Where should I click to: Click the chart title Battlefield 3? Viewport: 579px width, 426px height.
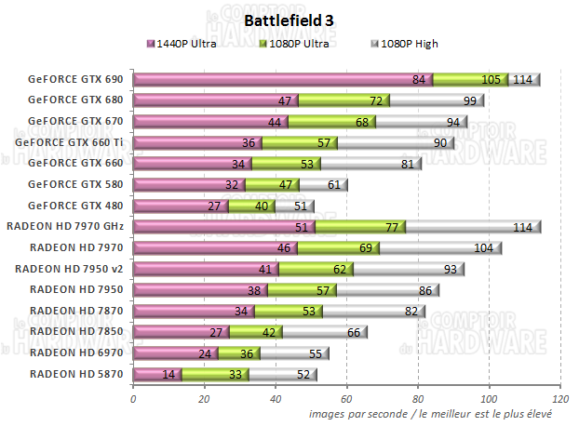pos(289,20)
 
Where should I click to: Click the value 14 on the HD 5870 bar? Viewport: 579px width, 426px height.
pos(169,374)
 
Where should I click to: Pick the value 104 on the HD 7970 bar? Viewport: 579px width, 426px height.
pos(484,247)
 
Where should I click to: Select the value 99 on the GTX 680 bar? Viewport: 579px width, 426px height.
pos(468,100)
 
